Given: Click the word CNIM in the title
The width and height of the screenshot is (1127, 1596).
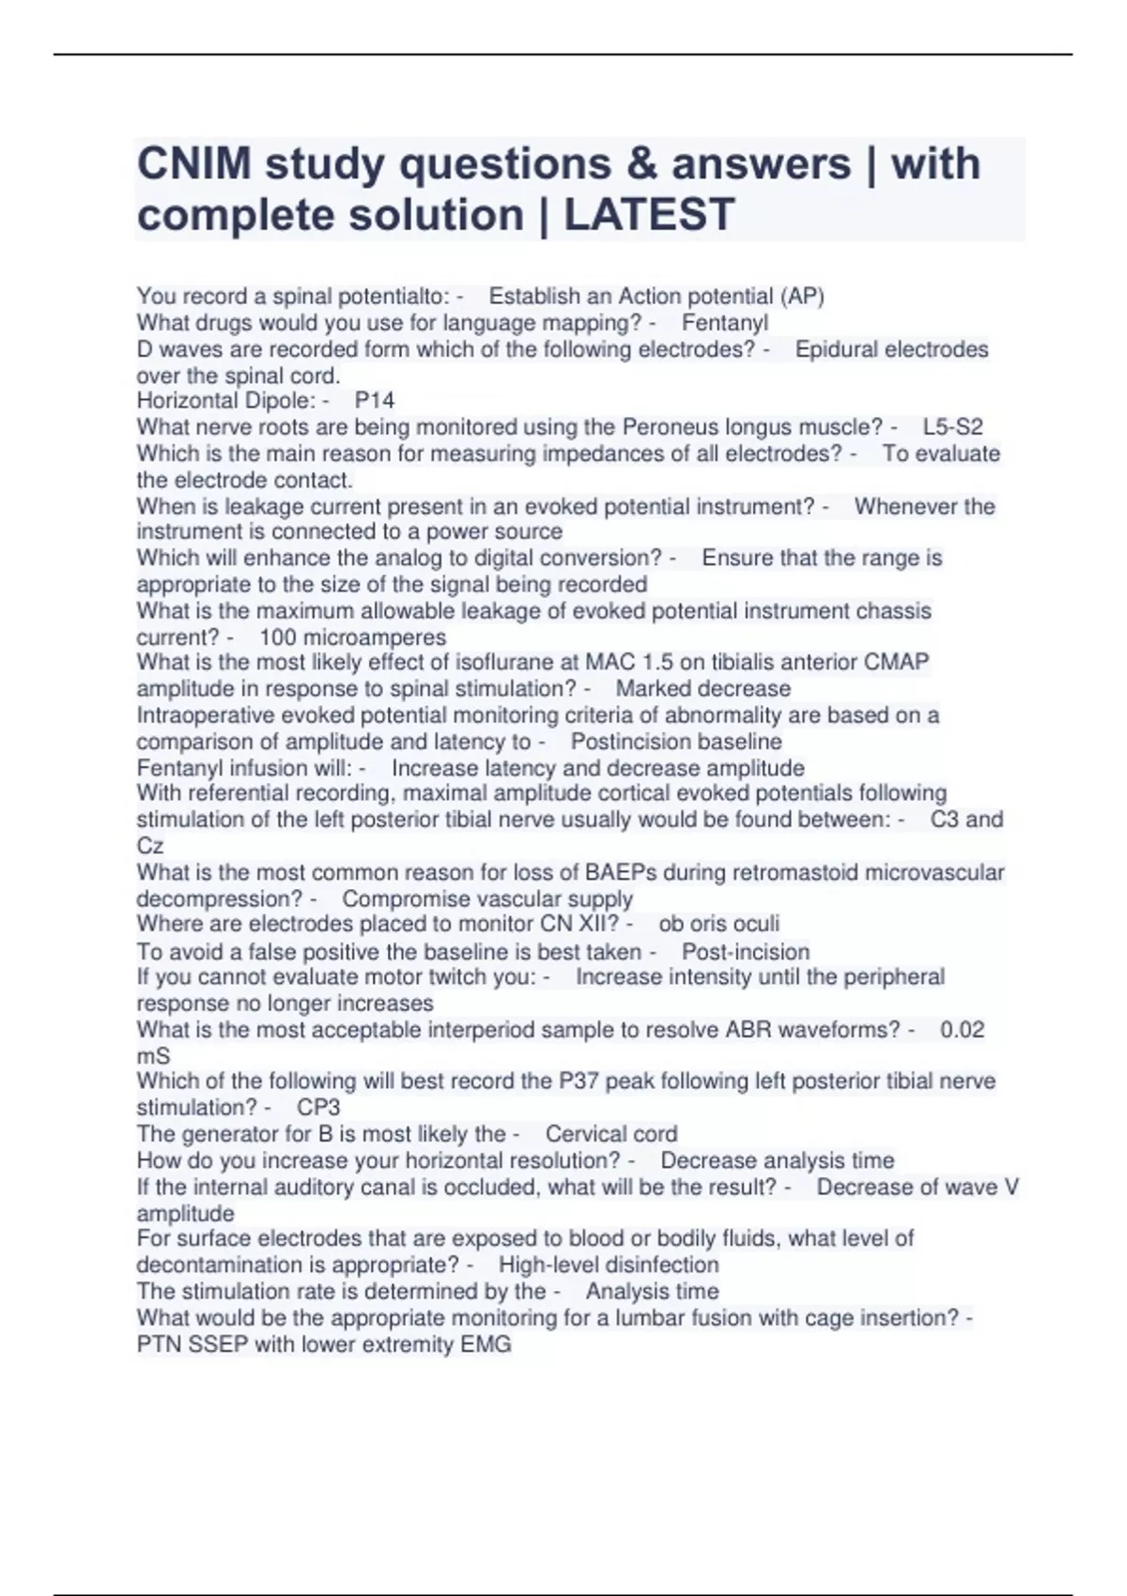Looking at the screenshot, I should [x=194, y=165].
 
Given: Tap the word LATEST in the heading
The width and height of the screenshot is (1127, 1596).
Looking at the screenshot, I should [x=648, y=215].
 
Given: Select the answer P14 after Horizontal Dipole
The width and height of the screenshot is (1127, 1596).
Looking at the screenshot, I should [x=375, y=401].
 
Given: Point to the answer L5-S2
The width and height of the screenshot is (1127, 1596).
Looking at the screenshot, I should [x=952, y=427].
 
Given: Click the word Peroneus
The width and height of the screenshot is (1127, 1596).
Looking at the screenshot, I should [x=667, y=427].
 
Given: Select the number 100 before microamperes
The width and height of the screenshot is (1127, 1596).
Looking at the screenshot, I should [x=278, y=637].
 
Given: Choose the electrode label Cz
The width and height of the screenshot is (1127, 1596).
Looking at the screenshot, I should [x=150, y=846].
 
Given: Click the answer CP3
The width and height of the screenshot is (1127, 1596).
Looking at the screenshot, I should [x=318, y=1108].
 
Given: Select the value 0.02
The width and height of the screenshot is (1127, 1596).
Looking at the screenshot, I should [x=962, y=1030].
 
